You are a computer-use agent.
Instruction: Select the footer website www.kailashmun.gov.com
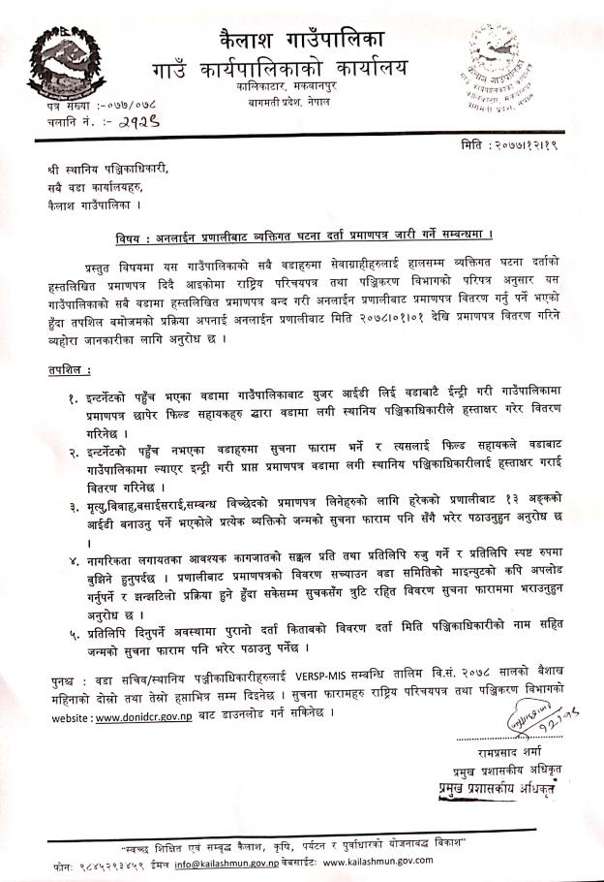click(x=378, y=860)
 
